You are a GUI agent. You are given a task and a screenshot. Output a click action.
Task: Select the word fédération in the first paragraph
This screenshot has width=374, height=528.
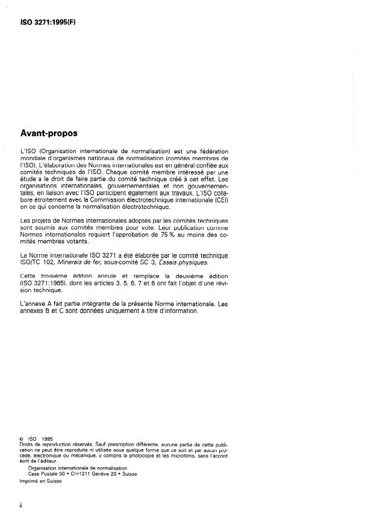click(x=213, y=150)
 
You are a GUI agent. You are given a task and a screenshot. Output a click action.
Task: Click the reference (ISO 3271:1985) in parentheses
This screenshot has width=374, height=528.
click(x=43, y=282)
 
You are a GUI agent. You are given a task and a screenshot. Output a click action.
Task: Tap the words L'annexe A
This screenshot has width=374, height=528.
click(x=36, y=304)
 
